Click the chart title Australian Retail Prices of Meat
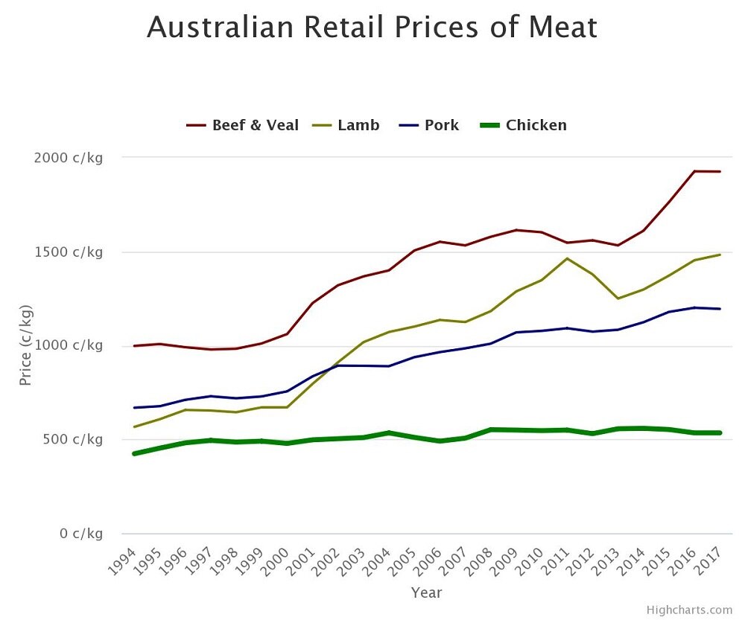pos(372,28)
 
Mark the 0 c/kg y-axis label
pos(80,534)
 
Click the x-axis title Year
pos(427,593)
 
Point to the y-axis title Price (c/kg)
pos(26,345)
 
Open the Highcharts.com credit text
pos(689,610)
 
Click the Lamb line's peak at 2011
pos(567,258)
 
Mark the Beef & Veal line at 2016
pos(694,171)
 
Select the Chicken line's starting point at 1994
pos(134,453)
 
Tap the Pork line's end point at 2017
pos(720,309)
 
